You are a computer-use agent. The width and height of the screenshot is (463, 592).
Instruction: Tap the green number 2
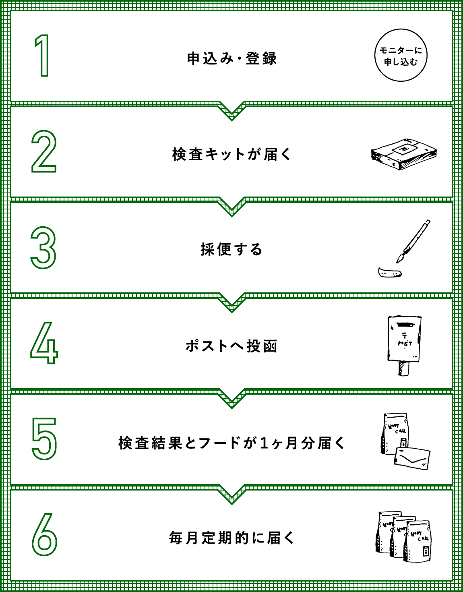43,151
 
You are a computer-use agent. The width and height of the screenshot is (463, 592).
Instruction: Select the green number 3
43,248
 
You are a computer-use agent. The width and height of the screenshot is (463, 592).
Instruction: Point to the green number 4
44,343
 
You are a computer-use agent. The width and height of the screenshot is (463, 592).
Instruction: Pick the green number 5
44,439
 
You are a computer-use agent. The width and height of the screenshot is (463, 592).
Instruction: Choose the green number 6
44,535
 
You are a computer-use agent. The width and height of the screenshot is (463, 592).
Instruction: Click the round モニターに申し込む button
401,56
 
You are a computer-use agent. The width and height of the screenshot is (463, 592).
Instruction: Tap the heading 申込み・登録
231,59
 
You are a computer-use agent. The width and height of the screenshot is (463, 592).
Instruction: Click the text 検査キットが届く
231,154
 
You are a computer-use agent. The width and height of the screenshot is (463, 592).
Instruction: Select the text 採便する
231,250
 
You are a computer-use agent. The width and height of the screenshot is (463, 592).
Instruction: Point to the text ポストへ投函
231,346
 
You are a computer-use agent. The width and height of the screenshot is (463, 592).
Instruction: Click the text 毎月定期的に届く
231,538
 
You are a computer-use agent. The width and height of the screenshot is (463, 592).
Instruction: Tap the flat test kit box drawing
403,155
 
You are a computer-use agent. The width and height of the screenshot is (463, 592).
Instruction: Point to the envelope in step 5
412,457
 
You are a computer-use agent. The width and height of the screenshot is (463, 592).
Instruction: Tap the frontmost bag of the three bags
419,542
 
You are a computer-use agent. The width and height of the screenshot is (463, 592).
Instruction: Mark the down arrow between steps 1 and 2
231,111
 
